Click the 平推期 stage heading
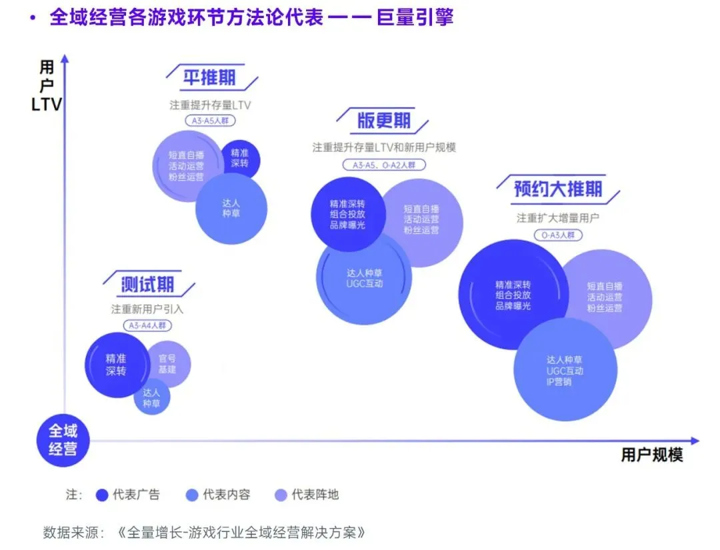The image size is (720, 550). [209, 77]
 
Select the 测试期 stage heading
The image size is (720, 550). [147, 285]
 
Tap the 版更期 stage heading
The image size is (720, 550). [383, 121]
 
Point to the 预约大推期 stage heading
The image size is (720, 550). [557, 189]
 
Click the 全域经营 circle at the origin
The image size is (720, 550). [63, 441]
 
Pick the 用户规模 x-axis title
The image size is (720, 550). [652, 455]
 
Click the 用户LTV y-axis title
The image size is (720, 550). [47, 86]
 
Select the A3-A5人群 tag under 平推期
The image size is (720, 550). [210, 121]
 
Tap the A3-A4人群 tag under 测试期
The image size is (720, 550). [147, 326]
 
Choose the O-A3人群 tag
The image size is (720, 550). [557, 235]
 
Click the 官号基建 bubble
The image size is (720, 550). [167, 363]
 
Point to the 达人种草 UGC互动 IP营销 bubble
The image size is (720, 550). [565, 370]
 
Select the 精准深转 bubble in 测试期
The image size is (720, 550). [116, 365]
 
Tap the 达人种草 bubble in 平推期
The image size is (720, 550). [231, 207]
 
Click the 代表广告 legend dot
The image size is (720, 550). [102, 495]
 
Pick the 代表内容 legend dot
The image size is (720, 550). [192, 495]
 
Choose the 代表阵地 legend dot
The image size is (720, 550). [281, 495]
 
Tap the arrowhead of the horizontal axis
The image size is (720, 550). [695, 441]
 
